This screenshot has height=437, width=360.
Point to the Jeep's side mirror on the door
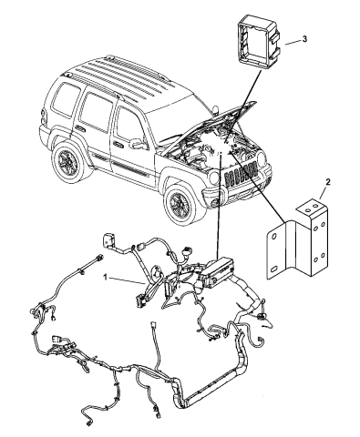[x=138, y=144]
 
